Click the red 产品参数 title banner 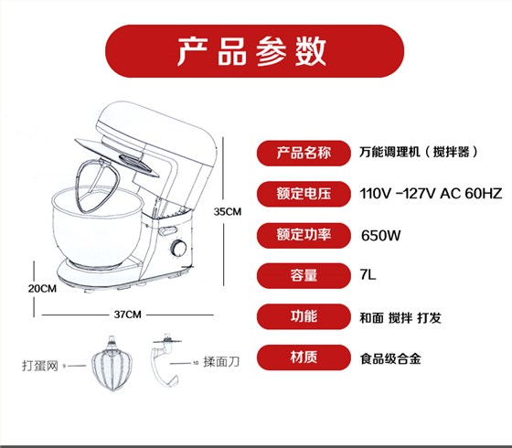[254, 51]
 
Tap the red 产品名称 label [304, 153]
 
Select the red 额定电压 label [304, 194]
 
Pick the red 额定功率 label [304, 235]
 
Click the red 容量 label [304, 275]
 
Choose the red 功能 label [304, 316]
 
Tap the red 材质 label [304, 357]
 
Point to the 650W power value [380, 236]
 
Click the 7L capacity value [368, 274]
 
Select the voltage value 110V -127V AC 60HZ [431, 194]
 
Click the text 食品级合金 [390, 358]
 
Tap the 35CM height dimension [228, 211]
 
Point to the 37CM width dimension [127, 315]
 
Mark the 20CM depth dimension [42, 289]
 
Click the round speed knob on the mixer [179, 248]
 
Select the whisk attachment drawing [112, 364]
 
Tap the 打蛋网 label [40, 366]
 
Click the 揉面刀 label [221, 362]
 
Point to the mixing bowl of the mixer [97, 226]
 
